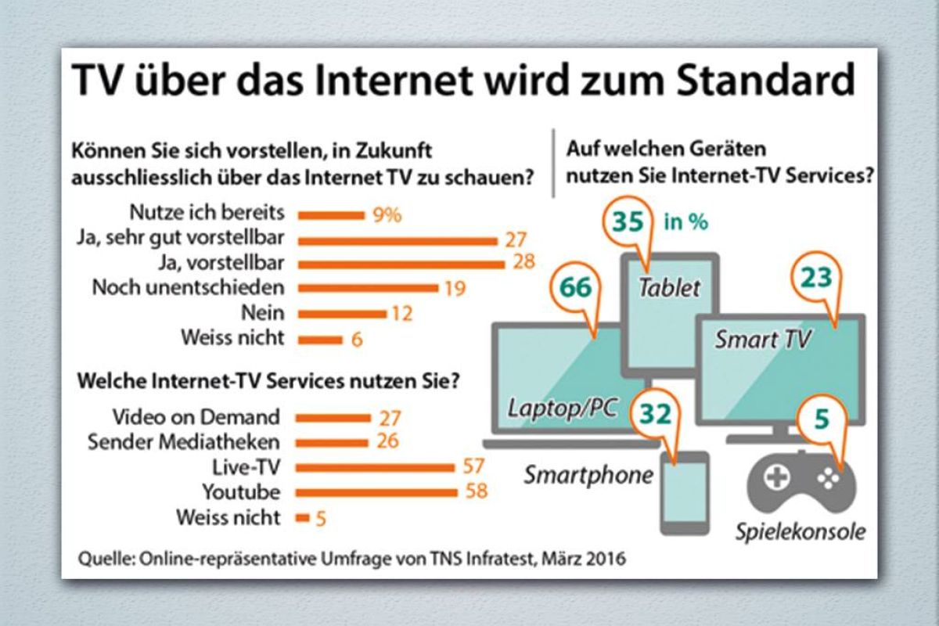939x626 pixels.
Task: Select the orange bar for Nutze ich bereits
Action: tap(333, 214)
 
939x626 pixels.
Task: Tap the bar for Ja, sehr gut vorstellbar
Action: tap(399, 239)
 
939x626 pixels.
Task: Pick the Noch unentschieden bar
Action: tap(369, 287)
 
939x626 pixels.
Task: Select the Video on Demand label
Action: tap(196, 416)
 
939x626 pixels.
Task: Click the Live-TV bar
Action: tap(376, 467)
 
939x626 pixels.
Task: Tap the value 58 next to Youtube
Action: tap(475, 492)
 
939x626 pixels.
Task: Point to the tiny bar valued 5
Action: tap(302, 517)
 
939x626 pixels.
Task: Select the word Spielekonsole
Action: tap(800, 533)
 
